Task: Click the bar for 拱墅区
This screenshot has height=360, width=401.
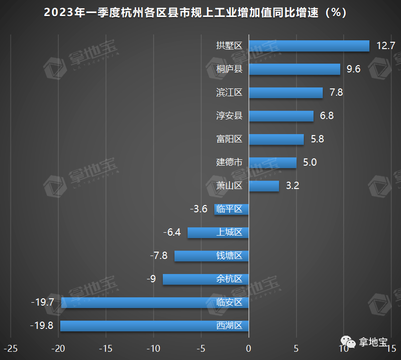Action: click(309, 46)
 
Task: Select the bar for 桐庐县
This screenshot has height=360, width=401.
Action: click(294, 69)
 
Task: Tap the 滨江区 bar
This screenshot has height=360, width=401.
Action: click(285, 92)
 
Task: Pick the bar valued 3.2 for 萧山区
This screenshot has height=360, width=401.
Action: click(263, 186)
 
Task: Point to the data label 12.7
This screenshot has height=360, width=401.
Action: click(386, 46)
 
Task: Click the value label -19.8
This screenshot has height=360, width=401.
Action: click(42, 326)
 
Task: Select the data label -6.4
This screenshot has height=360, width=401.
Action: click(172, 232)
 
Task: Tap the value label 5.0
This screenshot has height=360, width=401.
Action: click(310, 162)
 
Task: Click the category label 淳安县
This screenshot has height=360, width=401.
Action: click(229, 116)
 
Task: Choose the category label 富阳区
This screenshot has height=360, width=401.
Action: click(229, 139)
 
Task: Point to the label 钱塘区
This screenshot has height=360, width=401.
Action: click(229, 256)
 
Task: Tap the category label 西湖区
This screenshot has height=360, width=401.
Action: click(229, 326)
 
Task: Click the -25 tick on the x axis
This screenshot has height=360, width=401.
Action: click(11, 348)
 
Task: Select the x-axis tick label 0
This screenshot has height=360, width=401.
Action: click(248, 348)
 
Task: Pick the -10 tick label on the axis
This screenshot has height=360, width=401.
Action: click(153, 348)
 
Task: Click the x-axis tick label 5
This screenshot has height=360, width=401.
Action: click(296, 348)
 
